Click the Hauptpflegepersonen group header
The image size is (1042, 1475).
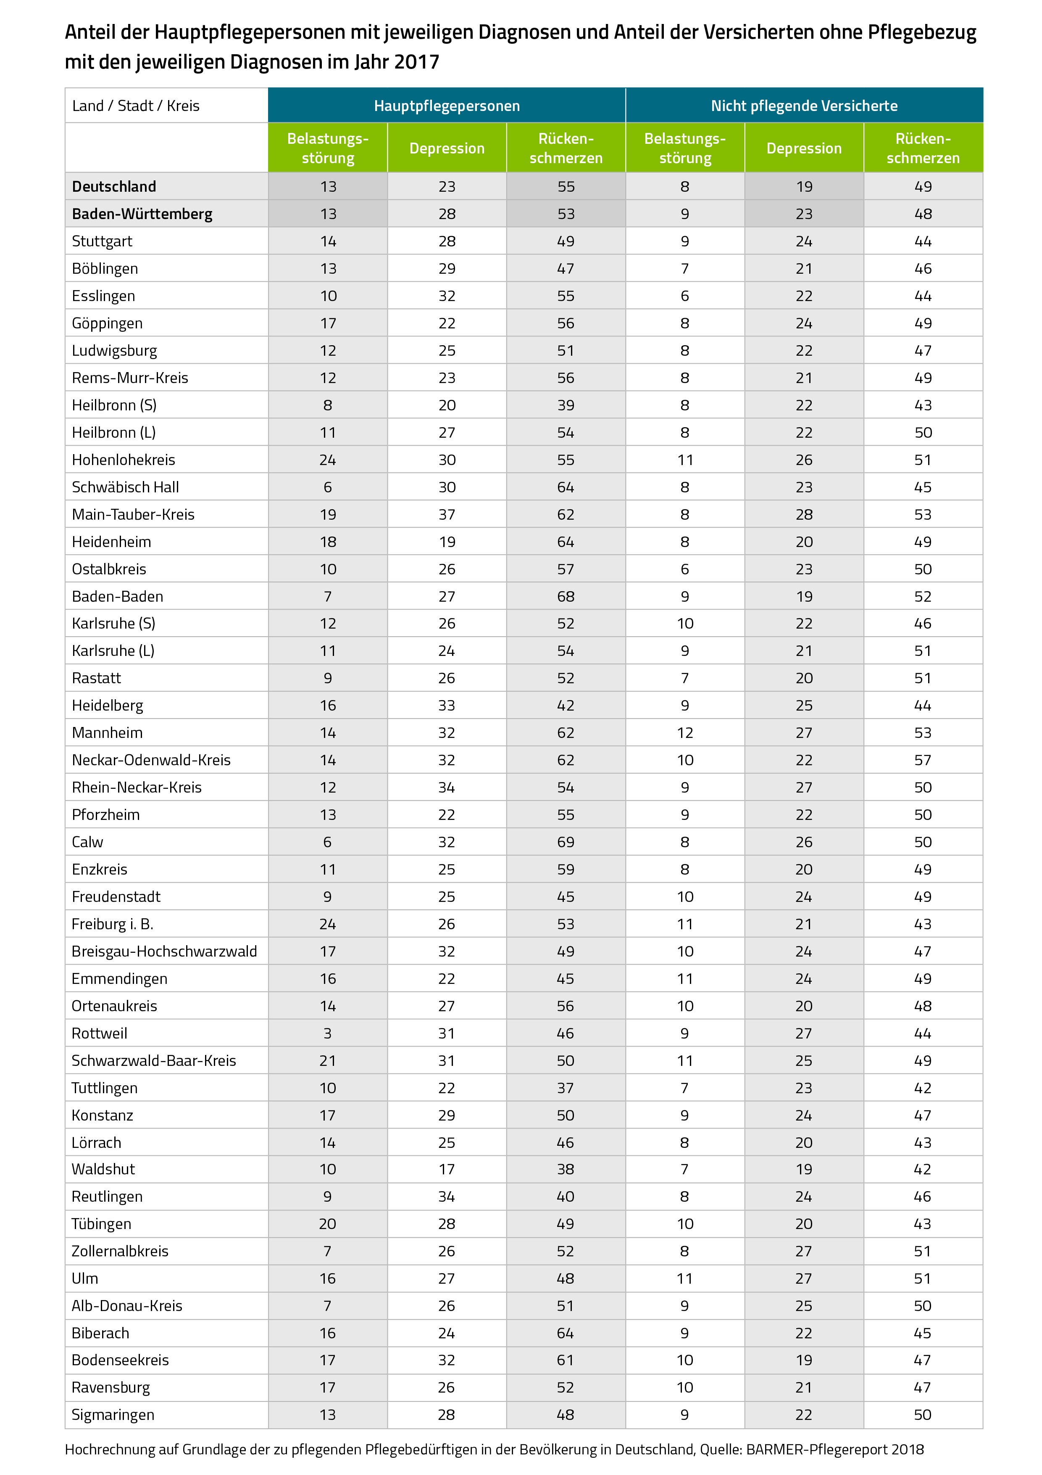click(x=447, y=106)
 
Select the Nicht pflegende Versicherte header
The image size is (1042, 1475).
click(x=804, y=106)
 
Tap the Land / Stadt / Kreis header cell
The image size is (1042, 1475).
click(x=135, y=106)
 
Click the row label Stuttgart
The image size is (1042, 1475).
click(x=102, y=241)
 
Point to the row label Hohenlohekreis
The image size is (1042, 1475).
click(x=123, y=460)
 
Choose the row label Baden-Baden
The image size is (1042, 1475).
click(x=118, y=597)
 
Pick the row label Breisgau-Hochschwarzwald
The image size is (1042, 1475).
click(x=164, y=952)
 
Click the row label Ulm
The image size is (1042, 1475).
click(x=85, y=1278)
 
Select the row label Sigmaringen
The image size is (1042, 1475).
click(x=113, y=1414)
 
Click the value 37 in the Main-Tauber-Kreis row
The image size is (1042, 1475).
click(x=447, y=515)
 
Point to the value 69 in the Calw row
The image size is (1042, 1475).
click(x=566, y=842)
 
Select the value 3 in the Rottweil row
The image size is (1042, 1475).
click(x=327, y=1034)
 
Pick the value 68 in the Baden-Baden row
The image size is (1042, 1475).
click(x=566, y=597)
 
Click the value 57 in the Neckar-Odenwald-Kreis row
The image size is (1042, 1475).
click(x=923, y=761)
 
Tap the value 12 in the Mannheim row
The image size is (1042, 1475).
click(x=685, y=733)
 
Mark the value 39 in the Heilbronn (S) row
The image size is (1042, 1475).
click(x=566, y=405)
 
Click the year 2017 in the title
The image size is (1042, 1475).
click(x=417, y=62)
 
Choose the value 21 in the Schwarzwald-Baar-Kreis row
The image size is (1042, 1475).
click(x=327, y=1061)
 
